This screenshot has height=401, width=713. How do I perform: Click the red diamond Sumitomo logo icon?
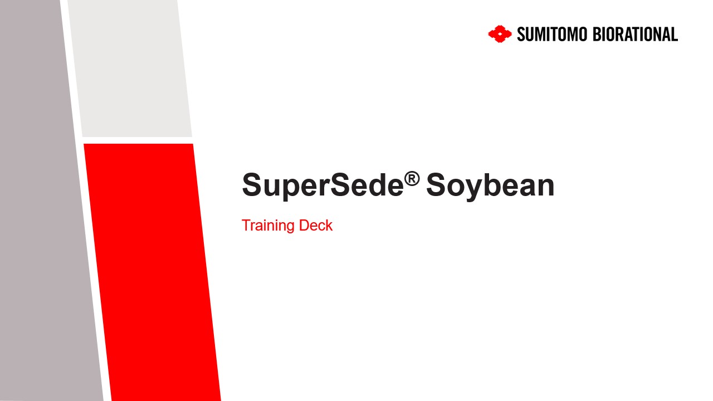500,34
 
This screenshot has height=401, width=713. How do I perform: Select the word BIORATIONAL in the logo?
636,35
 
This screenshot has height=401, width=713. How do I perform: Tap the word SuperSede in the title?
323,185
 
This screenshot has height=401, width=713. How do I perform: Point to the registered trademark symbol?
412,179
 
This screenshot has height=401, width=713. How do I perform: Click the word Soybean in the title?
490,185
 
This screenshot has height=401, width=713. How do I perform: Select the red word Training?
268,226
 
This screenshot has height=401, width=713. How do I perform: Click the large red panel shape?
152,272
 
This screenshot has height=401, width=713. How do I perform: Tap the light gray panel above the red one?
130,69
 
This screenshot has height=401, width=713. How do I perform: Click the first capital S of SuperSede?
252,185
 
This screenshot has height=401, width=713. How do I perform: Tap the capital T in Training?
247,226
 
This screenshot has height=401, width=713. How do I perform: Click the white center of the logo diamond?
500,34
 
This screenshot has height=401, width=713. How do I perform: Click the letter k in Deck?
329,226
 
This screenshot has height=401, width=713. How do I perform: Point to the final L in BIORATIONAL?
674,35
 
